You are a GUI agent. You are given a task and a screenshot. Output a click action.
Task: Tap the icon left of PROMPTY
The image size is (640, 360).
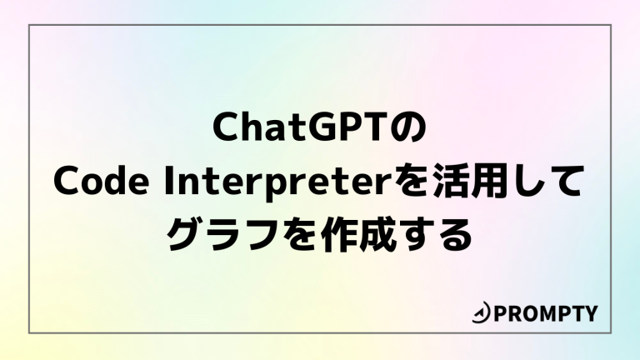(x=481, y=314)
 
